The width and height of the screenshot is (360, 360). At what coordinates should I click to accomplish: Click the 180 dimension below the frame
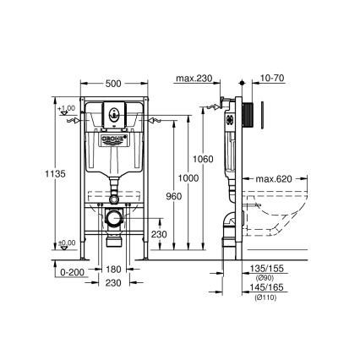click(112, 272)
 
